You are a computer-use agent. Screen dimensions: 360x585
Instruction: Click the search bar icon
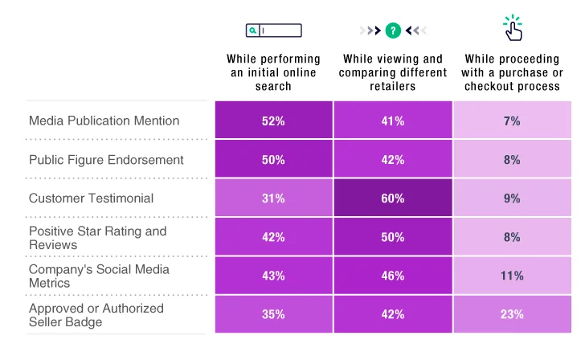273,31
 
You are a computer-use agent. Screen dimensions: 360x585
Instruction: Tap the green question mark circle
393,31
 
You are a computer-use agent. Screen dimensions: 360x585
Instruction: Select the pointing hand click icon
513,29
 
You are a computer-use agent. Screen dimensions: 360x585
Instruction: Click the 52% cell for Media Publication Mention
273,121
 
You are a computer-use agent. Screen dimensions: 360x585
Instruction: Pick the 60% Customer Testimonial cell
393,198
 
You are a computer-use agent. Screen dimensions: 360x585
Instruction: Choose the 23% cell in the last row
512,314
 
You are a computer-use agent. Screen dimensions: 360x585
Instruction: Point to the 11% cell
512,276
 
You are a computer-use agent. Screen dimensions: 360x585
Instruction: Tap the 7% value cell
512,121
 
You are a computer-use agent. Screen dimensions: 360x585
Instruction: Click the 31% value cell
273,198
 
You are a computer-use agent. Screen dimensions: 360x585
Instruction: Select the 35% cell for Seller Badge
273,314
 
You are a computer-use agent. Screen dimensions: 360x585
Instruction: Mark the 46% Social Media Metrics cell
393,276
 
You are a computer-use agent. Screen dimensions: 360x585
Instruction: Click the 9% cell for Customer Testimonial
512,198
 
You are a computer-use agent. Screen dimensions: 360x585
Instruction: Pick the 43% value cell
273,276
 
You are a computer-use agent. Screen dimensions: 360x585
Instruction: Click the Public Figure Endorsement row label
106,159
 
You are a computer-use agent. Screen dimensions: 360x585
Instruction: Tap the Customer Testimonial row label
91,198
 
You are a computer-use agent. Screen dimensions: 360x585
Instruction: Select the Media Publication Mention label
104,121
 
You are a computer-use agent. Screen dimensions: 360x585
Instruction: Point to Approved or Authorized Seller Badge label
96,314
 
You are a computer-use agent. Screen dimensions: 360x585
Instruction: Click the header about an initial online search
273,72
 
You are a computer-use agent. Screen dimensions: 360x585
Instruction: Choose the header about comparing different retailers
393,72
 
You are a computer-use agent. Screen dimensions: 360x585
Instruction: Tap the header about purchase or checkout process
512,72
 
